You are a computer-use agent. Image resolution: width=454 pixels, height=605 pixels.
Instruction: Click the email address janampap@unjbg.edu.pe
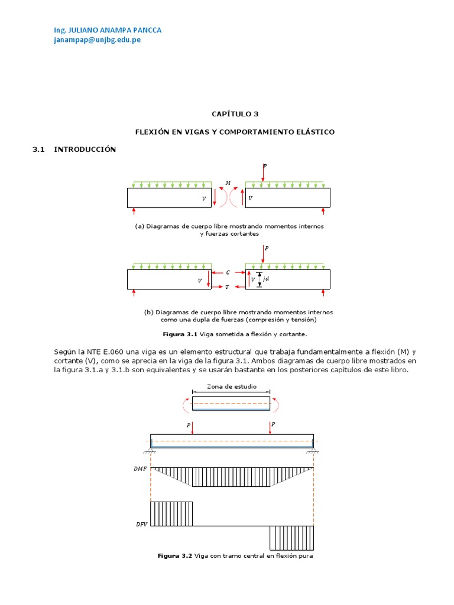click(97, 40)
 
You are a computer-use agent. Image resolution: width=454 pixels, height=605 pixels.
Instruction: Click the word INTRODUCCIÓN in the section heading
click(85, 149)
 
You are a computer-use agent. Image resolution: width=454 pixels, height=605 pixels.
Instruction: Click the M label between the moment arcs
click(228, 183)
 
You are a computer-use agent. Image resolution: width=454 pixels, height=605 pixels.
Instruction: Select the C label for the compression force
click(228, 272)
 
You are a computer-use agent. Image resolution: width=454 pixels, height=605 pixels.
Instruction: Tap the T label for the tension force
click(227, 287)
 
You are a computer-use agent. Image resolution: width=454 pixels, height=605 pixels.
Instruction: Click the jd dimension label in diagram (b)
click(266, 279)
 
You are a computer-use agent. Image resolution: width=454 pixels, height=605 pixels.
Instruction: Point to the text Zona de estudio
click(231, 386)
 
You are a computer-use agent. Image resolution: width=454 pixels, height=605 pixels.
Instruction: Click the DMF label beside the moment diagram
click(140, 469)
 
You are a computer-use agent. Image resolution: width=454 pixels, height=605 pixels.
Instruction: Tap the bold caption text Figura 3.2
click(175, 556)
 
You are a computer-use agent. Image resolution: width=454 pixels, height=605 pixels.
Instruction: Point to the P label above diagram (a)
click(265, 167)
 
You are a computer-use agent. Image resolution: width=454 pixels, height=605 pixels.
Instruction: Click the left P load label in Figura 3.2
click(189, 424)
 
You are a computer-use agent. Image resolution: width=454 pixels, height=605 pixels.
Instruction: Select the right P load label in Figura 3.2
click(274, 424)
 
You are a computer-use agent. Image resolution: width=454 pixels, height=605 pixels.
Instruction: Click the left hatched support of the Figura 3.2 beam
click(151, 452)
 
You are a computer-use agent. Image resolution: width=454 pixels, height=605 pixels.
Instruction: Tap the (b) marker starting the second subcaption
click(148, 312)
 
